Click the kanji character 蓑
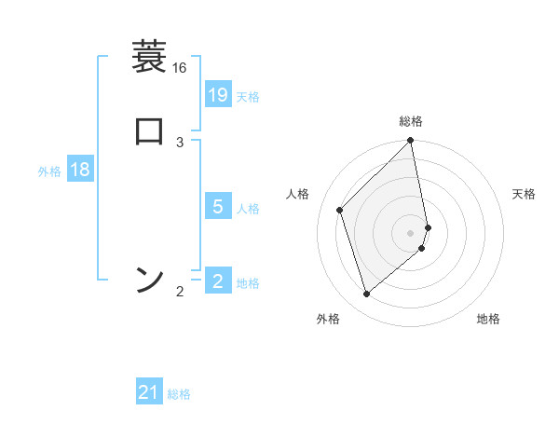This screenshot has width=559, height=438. (x=149, y=58)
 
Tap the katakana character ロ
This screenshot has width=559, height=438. (x=149, y=130)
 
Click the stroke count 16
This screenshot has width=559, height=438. (x=179, y=68)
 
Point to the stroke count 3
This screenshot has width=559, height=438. (x=180, y=142)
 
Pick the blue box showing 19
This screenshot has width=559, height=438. (x=218, y=94)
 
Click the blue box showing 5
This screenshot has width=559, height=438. (x=218, y=206)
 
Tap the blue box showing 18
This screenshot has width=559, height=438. (x=80, y=170)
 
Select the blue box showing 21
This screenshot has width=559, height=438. (x=149, y=392)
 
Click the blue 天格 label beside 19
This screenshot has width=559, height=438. (x=248, y=97)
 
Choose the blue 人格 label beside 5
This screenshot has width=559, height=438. (x=248, y=209)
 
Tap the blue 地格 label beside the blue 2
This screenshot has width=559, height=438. (x=248, y=283)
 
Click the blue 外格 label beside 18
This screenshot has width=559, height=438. (x=49, y=171)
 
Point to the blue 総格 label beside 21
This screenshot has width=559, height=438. (x=179, y=395)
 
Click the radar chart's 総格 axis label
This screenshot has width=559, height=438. (x=411, y=121)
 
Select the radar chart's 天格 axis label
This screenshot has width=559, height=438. (x=524, y=194)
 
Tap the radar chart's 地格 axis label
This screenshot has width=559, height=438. (x=488, y=319)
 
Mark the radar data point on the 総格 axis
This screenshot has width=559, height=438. (x=411, y=142)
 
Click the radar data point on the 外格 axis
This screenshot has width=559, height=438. (x=367, y=294)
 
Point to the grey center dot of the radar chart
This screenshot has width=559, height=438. (x=411, y=232)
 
